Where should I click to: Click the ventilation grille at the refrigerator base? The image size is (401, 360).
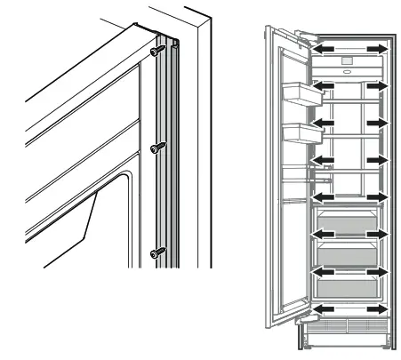347,332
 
